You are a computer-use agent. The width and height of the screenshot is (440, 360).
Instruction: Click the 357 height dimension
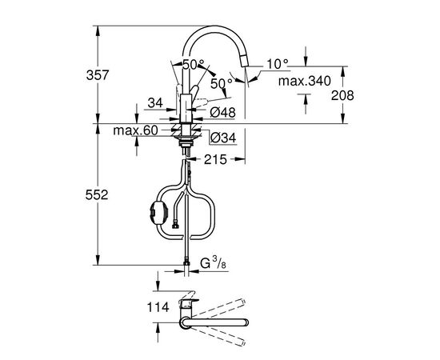point(97,75)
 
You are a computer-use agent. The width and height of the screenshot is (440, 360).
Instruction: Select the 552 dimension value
point(97,194)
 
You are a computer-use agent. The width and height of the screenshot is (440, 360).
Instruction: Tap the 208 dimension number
point(342,95)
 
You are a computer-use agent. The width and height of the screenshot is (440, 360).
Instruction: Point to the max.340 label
point(305,81)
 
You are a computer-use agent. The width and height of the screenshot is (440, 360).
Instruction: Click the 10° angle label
point(278,64)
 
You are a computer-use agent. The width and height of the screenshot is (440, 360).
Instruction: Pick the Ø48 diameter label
point(223,113)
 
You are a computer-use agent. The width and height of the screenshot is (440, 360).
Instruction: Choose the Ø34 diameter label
point(223,138)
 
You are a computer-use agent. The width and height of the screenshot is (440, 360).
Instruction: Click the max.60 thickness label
point(135,130)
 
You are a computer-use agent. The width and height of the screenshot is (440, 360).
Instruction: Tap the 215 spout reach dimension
point(215,160)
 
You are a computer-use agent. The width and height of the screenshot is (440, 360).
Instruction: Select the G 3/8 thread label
point(214,263)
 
